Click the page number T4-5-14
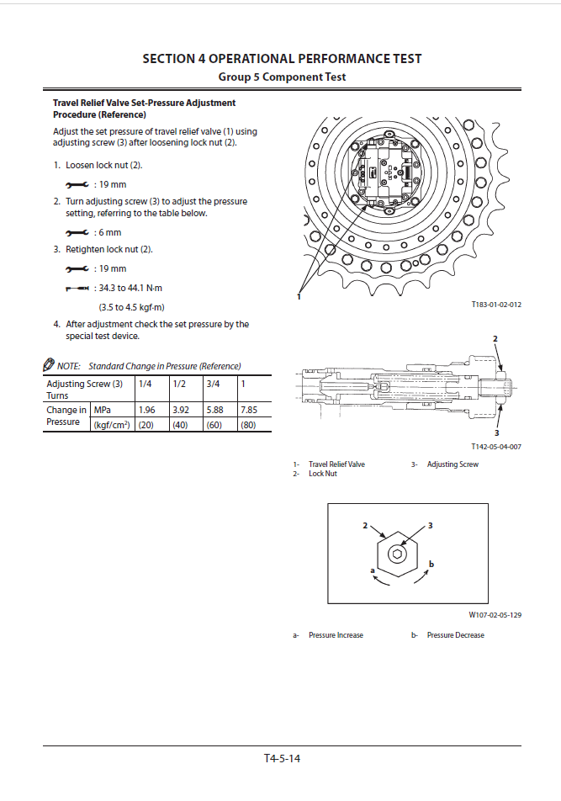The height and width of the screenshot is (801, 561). pos(282,758)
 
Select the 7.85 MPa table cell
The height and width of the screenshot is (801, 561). pos(248,410)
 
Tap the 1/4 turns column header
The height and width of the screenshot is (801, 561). pos(146,384)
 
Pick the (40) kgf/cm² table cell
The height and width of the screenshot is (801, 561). pos(179,424)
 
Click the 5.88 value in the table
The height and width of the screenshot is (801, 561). pos(214,410)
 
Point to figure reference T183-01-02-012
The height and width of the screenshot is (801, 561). pos(496,305)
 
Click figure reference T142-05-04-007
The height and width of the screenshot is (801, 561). pos(496,447)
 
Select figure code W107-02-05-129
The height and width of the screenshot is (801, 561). pos(495,615)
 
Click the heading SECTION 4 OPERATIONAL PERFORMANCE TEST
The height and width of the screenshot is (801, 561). pos(282,59)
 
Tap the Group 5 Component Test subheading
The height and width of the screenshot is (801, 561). pos(282,77)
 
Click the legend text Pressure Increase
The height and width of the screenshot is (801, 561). pos(336,635)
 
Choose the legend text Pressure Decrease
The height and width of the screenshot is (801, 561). pos(455,635)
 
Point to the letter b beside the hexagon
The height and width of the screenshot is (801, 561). pos(431,563)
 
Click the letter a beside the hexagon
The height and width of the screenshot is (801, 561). pos(372,570)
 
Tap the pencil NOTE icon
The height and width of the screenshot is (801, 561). pos(49,365)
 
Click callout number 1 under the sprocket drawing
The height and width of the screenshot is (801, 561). pos(299,296)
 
